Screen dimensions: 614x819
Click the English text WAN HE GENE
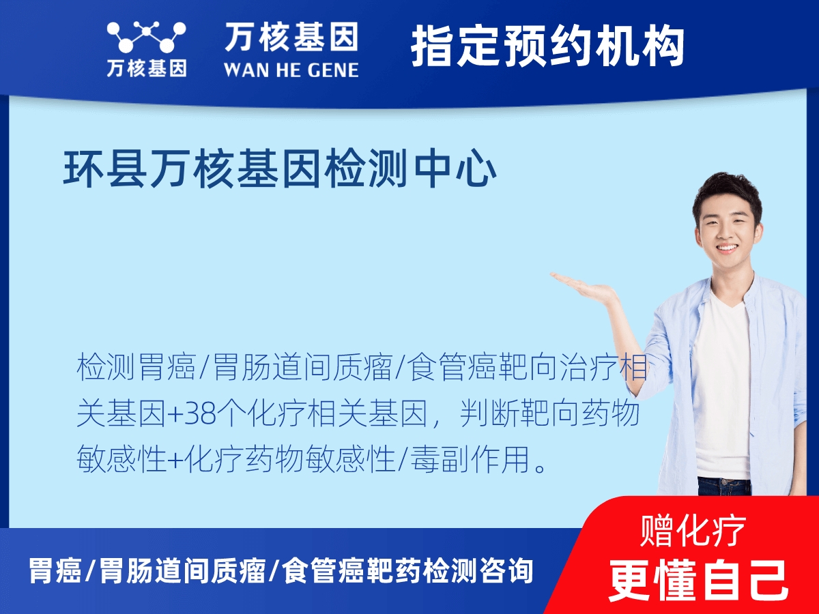291,70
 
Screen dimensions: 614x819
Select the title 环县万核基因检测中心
280,170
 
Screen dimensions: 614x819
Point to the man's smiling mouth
726,248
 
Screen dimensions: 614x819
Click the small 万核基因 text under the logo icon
146,69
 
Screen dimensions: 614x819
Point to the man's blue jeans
723,486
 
